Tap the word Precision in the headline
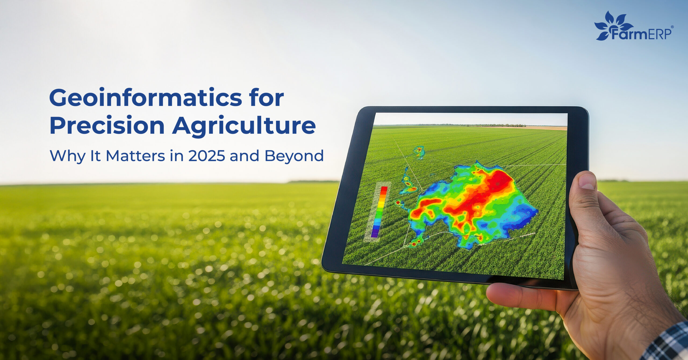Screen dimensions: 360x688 (x=107, y=125)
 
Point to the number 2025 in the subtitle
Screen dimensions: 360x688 (x=206, y=156)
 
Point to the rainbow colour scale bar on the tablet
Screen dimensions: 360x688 (x=379, y=212)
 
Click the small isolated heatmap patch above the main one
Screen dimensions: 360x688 (x=419, y=152)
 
